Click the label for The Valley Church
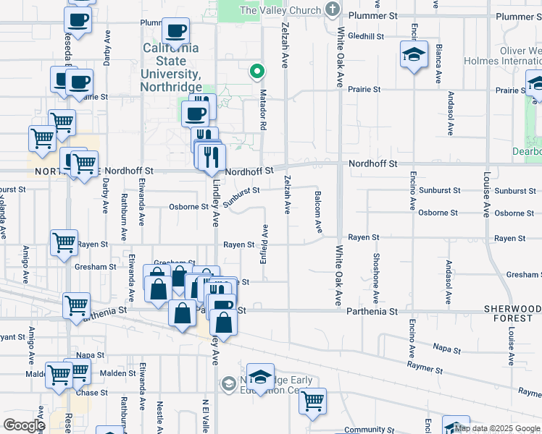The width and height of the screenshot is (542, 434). point(280,10)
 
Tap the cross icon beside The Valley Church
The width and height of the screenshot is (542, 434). point(333,9)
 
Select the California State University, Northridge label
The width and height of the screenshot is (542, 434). point(170,67)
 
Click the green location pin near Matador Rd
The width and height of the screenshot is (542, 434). point(256,72)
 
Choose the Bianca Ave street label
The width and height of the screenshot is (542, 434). point(439,64)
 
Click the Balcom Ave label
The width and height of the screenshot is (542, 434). point(318,212)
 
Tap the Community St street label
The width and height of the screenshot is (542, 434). point(364,430)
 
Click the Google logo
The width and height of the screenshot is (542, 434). point(24,425)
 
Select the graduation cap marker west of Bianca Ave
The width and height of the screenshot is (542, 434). point(414,54)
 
